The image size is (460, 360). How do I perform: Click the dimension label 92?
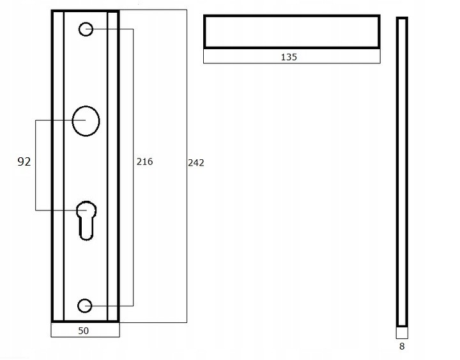point(24,162)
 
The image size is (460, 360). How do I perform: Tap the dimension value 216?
point(144,162)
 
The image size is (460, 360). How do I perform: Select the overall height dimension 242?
point(196,162)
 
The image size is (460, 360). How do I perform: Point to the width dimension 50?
point(83,331)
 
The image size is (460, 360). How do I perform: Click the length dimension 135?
point(289,57)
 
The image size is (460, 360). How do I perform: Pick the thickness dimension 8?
point(402,347)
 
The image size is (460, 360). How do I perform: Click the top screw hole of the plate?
point(86,29)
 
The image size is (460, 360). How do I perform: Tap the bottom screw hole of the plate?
point(85,306)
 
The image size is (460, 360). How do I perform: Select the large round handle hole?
point(86,121)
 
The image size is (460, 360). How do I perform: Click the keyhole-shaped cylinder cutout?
point(86,220)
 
